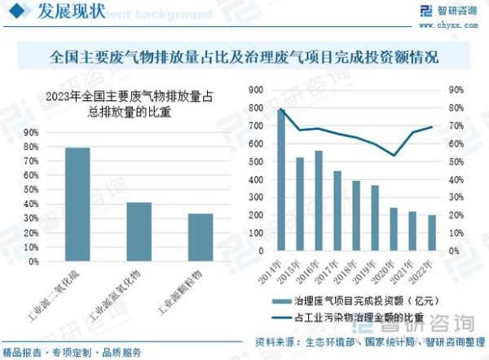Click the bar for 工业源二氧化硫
click(x=77, y=204)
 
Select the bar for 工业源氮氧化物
click(x=139, y=232)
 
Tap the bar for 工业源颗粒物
click(x=200, y=238)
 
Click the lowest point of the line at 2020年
click(x=394, y=156)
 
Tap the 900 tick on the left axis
click(x=254, y=90)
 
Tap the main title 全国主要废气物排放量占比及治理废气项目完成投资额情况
click(x=244, y=58)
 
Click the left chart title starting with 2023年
click(x=130, y=104)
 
